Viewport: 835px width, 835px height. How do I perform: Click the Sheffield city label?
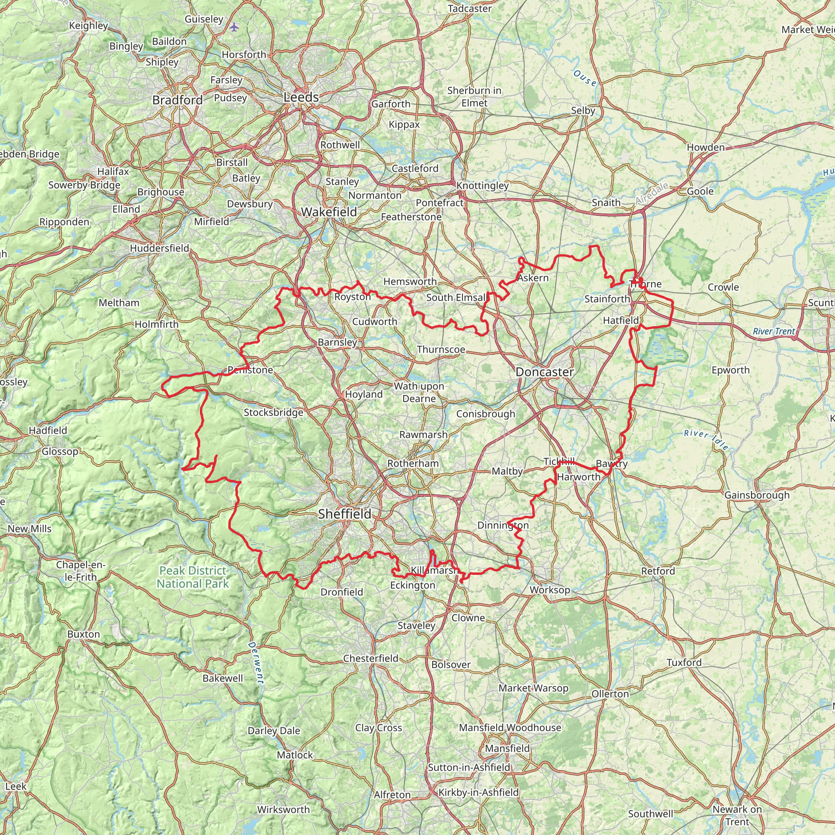pos(345,514)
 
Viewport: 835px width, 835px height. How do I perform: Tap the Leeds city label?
pos(301,97)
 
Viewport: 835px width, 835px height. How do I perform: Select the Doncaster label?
pos(545,372)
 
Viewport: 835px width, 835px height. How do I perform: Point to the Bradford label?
pos(178,100)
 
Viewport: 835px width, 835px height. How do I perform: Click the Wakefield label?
pos(329,212)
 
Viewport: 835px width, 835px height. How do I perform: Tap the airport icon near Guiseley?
pos(234,27)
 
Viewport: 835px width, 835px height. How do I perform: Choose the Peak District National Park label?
pos(192,577)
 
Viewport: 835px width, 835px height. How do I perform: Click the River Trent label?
pos(773,331)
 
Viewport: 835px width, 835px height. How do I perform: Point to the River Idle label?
pos(706,440)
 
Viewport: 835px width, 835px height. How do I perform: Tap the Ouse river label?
pos(585,78)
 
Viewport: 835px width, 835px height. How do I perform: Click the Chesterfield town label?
pos(370,658)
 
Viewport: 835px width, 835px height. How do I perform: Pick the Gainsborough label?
pos(757,495)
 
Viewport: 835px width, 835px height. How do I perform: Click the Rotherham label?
pos(413,463)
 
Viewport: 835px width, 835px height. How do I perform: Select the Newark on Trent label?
pos(737,815)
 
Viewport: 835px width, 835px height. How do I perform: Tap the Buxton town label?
pos(84,634)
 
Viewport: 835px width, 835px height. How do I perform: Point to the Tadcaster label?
pos(470,9)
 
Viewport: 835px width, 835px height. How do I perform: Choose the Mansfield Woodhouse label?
pos(510,727)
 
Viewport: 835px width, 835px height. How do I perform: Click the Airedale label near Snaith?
pos(652,194)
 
